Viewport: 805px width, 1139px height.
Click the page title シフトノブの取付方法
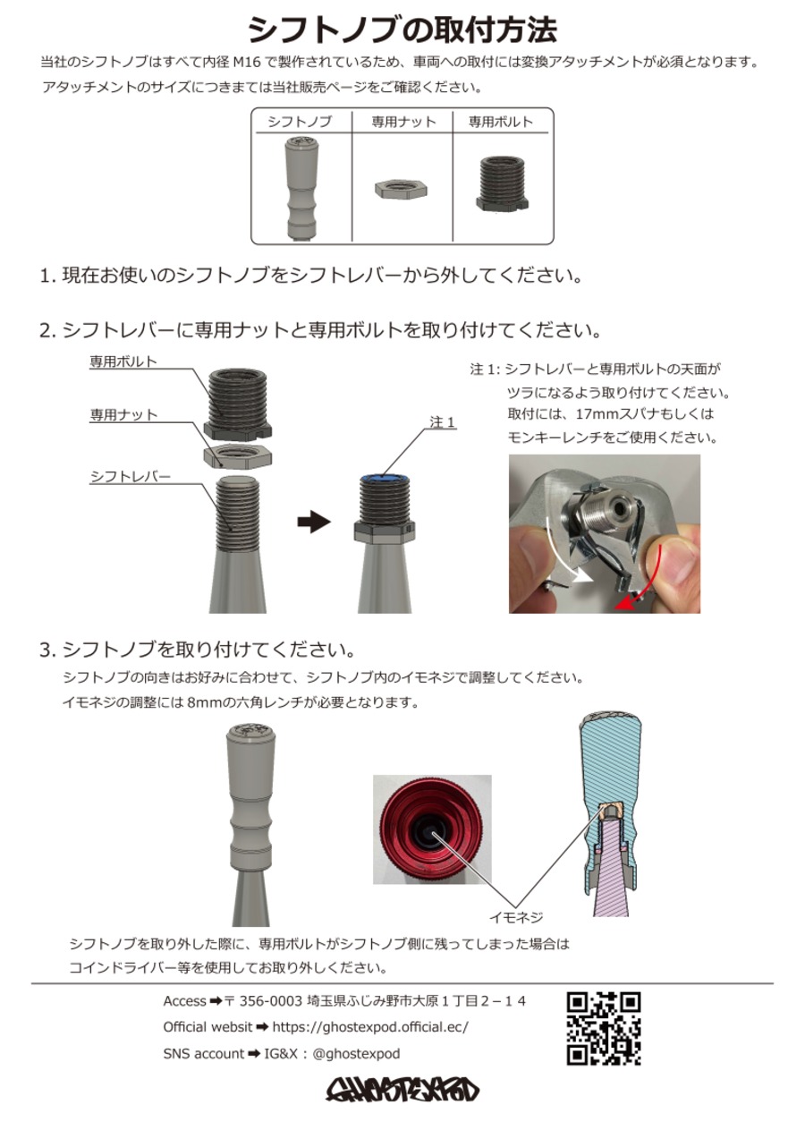[402, 30]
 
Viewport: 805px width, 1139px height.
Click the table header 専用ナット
[403, 122]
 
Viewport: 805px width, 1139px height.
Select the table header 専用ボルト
[501, 122]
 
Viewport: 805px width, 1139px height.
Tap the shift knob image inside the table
[301, 189]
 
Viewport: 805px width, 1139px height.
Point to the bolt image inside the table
[501, 184]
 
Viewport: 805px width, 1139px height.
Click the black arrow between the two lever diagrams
[313, 523]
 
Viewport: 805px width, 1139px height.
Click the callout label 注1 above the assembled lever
[443, 421]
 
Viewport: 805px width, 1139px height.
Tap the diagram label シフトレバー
[130, 477]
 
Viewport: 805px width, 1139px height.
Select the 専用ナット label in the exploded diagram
[123, 415]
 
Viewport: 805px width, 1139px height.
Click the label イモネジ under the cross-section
[516, 917]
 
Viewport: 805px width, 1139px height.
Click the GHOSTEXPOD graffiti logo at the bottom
[402, 1089]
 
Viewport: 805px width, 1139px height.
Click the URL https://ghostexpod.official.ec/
[369, 1027]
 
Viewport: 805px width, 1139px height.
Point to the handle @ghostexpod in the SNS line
[356, 1054]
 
